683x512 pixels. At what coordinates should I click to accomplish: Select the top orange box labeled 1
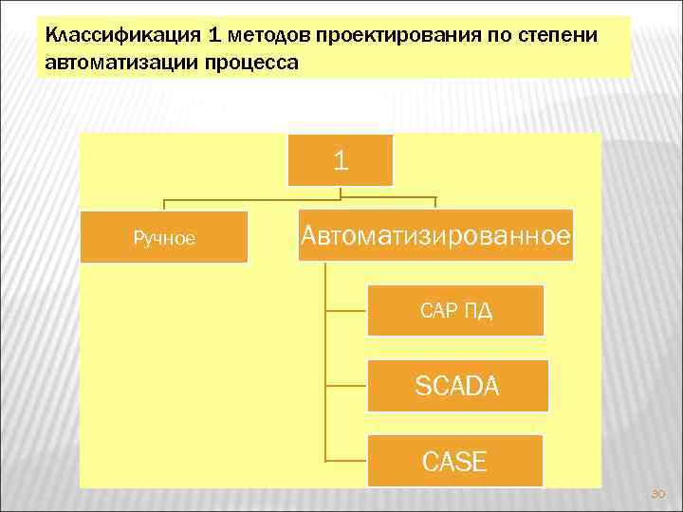[x=341, y=160]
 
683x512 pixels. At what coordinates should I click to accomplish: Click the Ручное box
[x=164, y=237]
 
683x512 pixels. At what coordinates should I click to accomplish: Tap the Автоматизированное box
[x=436, y=235]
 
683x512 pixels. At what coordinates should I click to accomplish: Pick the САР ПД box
[x=455, y=311]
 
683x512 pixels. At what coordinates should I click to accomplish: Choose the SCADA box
[x=457, y=386]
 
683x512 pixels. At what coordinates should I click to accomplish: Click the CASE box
[x=454, y=461]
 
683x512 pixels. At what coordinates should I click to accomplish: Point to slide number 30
[x=658, y=494]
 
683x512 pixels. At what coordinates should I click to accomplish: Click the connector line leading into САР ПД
[x=345, y=311]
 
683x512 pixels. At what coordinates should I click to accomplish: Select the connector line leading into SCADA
[x=345, y=386]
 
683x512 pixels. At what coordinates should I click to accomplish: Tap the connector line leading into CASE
[x=345, y=461]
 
